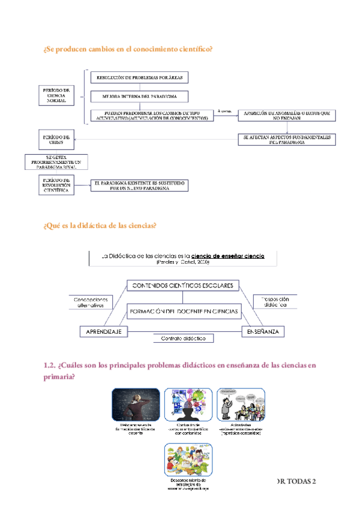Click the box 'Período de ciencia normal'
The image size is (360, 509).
(57, 95)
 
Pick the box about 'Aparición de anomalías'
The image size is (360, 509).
(287, 116)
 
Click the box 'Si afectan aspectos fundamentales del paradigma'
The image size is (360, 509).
(287, 139)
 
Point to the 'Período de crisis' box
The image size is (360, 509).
(57, 140)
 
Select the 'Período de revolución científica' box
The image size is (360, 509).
(57, 184)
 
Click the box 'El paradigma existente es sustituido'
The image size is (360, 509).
(139, 185)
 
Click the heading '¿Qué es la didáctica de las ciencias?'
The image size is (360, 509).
(100, 226)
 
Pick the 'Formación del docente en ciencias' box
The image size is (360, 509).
(183, 312)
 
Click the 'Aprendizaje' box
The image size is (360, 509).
(104, 331)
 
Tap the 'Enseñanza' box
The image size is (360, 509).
(263, 331)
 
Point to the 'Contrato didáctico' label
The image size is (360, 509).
(184, 339)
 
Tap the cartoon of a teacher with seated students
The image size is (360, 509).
(240, 405)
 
